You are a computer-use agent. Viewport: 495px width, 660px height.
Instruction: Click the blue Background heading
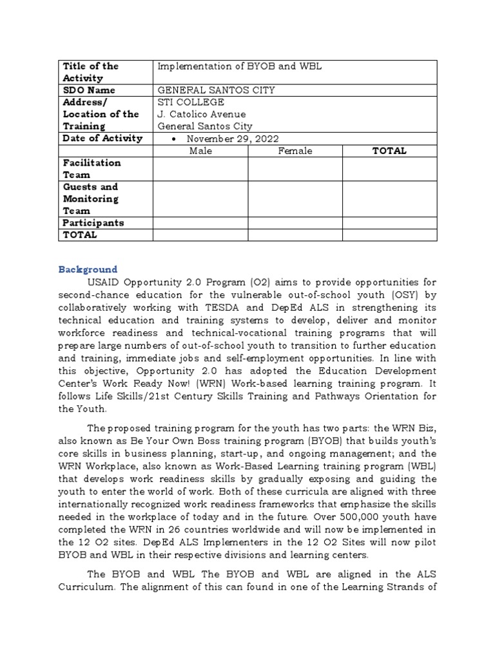click(x=89, y=269)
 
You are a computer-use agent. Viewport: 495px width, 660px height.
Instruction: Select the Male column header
click(x=200, y=151)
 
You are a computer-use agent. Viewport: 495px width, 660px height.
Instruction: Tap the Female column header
click(x=295, y=151)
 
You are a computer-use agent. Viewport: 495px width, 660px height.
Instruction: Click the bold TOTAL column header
click(x=389, y=151)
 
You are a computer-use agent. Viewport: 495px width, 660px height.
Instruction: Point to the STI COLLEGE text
click(x=191, y=102)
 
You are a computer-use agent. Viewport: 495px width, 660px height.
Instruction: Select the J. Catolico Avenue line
click(x=202, y=115)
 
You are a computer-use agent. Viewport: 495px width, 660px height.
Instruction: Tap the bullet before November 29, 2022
click(x=176, y=139)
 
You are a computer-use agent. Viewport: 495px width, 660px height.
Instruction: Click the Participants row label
click(x=93, y=223)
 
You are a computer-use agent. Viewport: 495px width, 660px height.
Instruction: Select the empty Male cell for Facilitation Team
click(x=200, y=169)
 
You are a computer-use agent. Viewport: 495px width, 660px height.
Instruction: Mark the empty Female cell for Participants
click(x=295, y=223)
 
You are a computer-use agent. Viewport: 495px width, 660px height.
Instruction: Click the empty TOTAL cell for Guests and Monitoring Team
click(x=389, y=199)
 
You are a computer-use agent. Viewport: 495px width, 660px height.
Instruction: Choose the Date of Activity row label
click(x=102, y=139)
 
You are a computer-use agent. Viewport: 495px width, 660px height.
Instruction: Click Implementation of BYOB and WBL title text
click(x=240, y=66)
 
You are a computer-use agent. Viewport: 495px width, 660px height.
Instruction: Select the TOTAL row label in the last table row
click(x=80, y=235)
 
